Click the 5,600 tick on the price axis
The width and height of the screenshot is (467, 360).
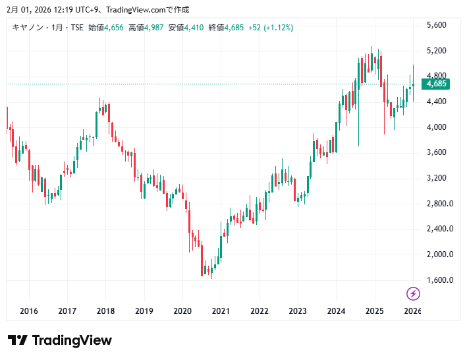pos(437,25)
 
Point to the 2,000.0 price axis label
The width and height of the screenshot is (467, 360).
pos(439,255)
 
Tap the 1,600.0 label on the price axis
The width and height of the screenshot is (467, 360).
pos(439,280)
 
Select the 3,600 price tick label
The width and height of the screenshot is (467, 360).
pos(437,152)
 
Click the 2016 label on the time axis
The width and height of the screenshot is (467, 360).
pos(29,311)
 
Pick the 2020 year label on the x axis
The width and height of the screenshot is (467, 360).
pos(182,311)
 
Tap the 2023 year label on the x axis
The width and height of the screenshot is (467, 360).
pos(298,311)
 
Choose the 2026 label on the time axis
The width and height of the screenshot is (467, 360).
pos(412,311)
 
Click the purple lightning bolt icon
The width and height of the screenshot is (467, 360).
pos(413,293)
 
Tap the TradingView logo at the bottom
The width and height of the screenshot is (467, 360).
pos(60,340)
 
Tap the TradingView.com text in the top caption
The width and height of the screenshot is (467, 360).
pos(126,9)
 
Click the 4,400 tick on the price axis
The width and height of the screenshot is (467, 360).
pos(437,102)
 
